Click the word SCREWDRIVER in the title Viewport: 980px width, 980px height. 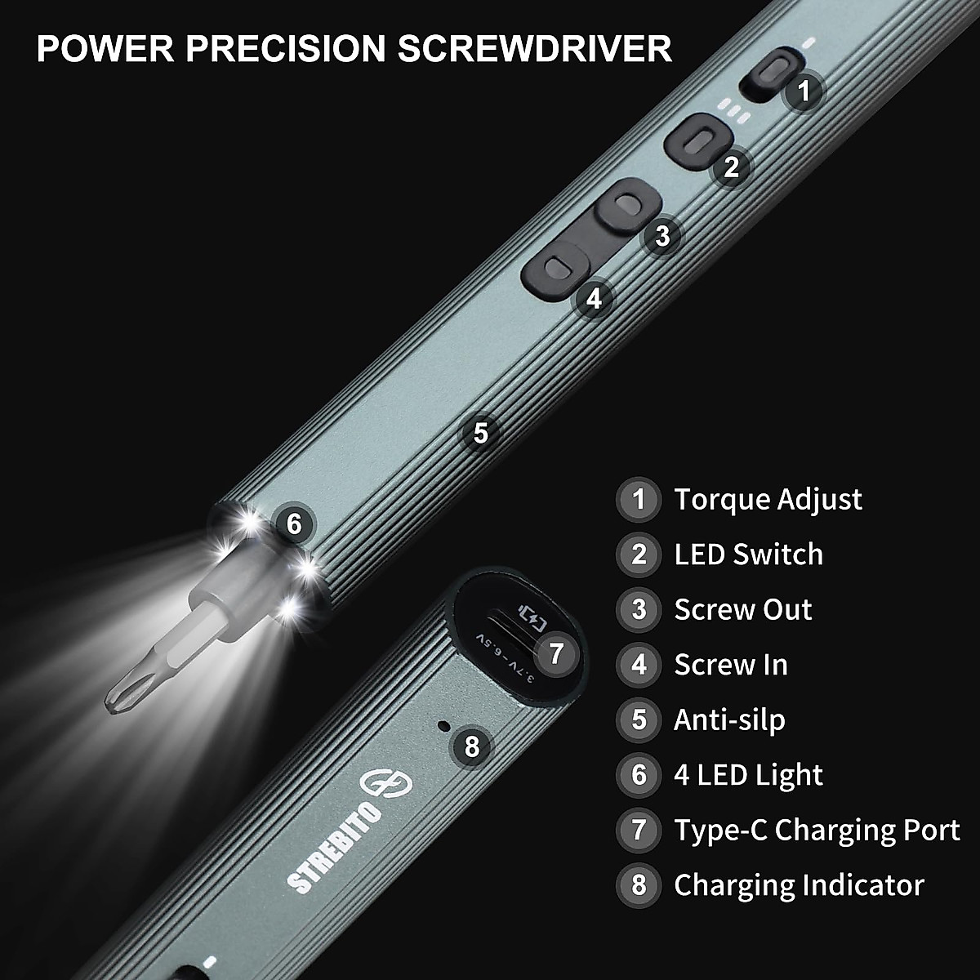pyautogui.click(x=535, y=48)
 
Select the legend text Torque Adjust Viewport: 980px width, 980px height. pyautogui.click(x=768, y=499)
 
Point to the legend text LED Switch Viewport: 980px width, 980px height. pyautogui.click(x=748, y=555)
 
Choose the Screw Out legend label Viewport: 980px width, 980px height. pyautogui.click(x=742, y=609)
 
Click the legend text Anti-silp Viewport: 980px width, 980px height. pyautogui.click(x=729, y=720)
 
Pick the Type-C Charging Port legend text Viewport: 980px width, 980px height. pyautogui.click(x=817, y=830)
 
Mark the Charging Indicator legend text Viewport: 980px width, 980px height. pyautogui.click(x=799, y=885)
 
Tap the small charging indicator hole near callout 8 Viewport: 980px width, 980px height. pyautogui.click(x=443, y=726)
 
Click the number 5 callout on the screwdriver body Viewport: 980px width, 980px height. pyautogui.click(x=480, y=432)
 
